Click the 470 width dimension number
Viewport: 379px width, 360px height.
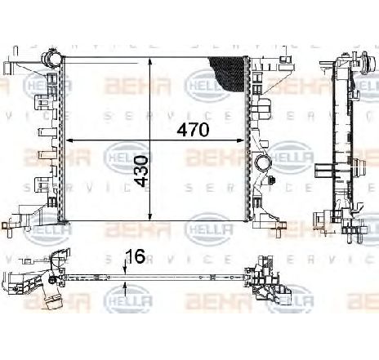(x=194, y=129)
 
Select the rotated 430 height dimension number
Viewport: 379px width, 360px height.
(x=141, y=171)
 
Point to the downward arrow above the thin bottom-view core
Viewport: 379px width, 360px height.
(x=124, y=269)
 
